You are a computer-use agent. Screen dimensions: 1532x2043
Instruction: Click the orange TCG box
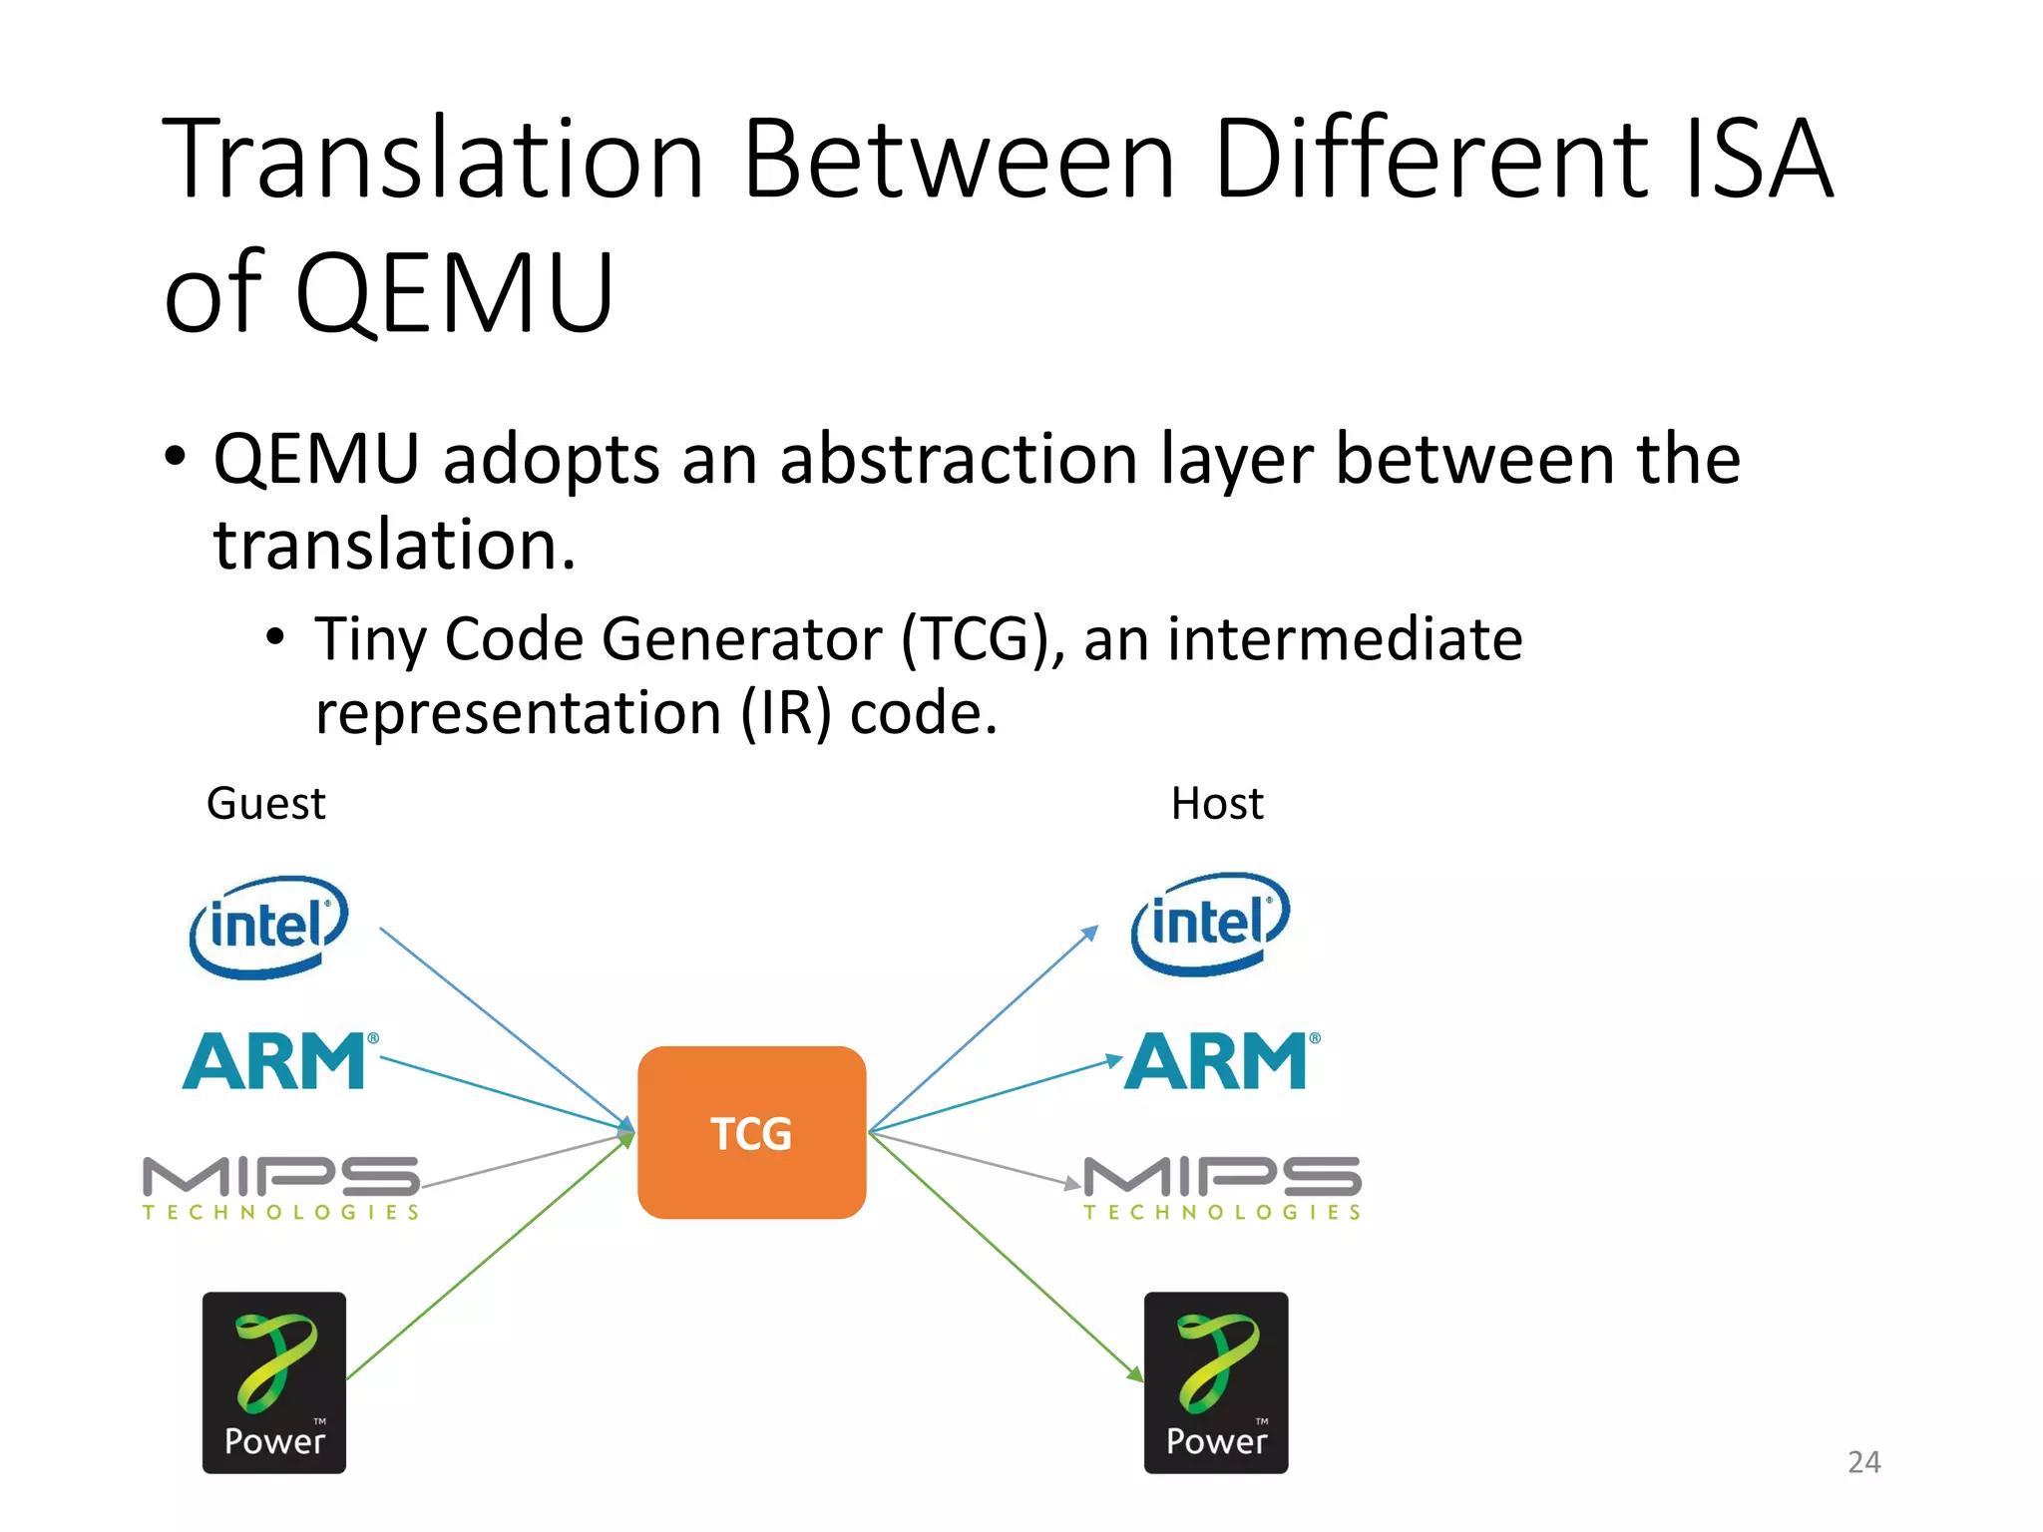[x=751, y=1132]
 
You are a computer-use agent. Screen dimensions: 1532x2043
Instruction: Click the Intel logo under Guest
[x=268, y=926]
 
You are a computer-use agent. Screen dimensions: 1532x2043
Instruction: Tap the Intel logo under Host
[x=1210, y=923]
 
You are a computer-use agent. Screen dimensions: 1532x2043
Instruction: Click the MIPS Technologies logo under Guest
[x=281, y=1187]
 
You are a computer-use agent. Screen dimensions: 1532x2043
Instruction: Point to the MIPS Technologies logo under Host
[x=1223, y=1187]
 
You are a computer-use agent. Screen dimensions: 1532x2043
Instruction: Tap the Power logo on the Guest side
[x=274, y=1382]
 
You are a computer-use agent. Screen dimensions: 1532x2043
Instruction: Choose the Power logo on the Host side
[x=1216, y=1382]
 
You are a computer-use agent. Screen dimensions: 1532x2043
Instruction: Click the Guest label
[x=265, y=803]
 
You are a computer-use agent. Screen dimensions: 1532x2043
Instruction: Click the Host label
[x=1217, y=803]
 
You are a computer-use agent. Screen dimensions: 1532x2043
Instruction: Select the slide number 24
[x=1863, y=1461]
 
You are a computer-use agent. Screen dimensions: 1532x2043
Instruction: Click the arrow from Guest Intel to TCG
[x=504, y=1027]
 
